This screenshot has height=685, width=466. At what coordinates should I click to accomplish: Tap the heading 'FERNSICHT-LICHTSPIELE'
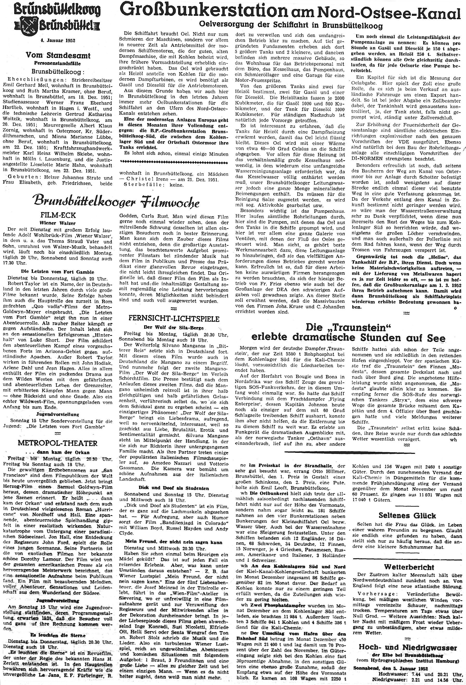[x=174, y=319]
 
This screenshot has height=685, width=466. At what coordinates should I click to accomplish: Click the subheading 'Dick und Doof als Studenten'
[x=174, y=488]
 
